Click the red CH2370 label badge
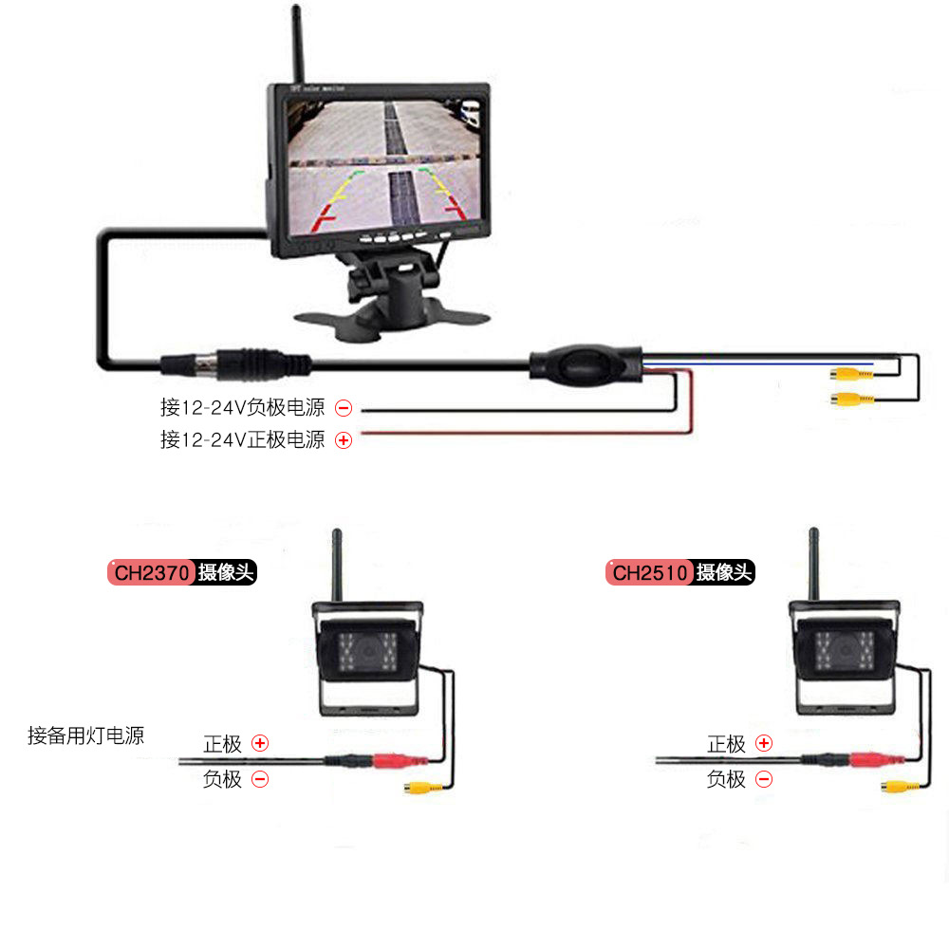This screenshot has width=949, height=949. click(152, 573)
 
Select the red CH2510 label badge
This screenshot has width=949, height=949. click(649, 573)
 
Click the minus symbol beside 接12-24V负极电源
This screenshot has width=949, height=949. click(344, 409)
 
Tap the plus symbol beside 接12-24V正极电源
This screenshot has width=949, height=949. click(344, 440)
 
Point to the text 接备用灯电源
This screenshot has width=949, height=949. click(86, 735)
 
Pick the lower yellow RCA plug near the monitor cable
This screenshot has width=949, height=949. click(849, 399)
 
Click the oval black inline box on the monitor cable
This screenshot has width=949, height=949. click(586, 363)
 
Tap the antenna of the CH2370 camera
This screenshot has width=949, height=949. click(336, 565)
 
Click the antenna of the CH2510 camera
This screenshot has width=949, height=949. click(813, 565)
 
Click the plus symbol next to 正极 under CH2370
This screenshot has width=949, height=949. click(260, 743)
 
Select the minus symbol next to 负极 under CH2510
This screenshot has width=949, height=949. click(763, 780)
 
